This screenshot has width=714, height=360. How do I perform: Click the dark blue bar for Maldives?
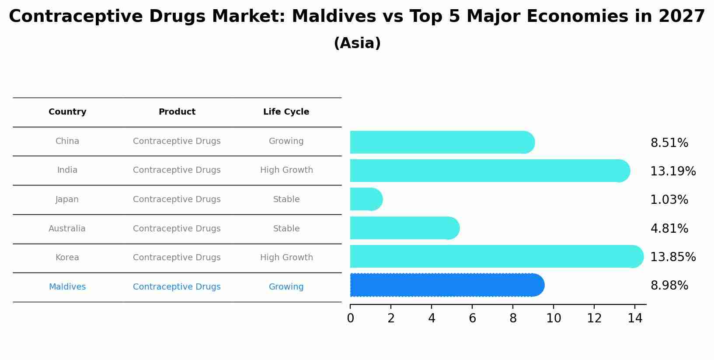coord(446,285)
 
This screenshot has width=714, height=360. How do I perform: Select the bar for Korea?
coord(496,257)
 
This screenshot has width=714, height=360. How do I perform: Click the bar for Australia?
coord(404,228)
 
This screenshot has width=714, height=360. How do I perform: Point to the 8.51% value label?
coord(669,143)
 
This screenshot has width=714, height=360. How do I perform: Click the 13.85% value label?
coord(672,257)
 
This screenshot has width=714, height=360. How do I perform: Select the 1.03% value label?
coord(669,200)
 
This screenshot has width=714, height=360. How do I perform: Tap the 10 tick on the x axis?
coord(554,318)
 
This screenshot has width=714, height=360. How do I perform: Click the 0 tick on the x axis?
coord(350,318)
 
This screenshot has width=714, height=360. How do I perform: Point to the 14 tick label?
coord(635,318)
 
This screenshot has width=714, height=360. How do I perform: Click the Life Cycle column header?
coord(286,112)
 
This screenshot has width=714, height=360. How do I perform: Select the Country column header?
coord(67,112)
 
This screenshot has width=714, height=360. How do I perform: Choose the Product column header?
coord(177,112)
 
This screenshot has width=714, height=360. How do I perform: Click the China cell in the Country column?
coord(67,141)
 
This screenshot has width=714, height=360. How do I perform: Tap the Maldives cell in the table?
coord(67,287)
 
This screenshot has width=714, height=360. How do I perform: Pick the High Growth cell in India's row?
coord(286,170)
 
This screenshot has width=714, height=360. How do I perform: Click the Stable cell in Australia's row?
coord(286,229)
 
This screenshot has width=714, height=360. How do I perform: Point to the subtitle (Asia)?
coord(357,43)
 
